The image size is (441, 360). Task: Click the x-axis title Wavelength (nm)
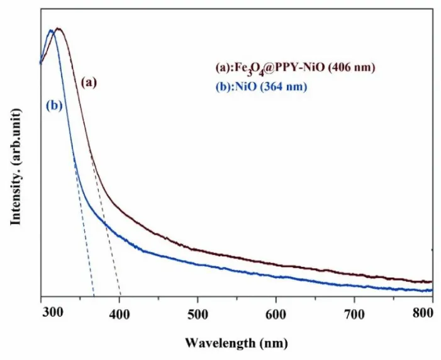pyautogui.click(x=237, y=343)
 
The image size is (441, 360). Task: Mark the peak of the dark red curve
pyautogui.click(x=59, y=29)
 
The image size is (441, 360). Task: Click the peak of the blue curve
pyautogui.click(x=51, y=31)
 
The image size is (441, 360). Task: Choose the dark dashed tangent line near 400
pyautogui.click(x=111, y=252)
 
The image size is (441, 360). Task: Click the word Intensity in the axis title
pyautogui.click(x=16, y=195)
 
